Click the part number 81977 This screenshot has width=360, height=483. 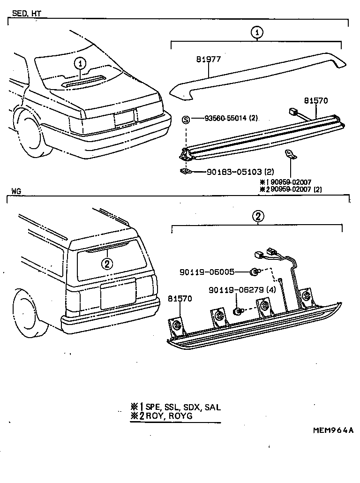(209, 60)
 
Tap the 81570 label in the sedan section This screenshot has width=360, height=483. (316, 100)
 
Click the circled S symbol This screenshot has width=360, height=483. (186, 120)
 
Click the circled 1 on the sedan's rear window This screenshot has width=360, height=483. (81, 63)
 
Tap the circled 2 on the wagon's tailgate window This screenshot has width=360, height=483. (107, 264)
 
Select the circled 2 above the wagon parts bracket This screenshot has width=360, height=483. (258, 216)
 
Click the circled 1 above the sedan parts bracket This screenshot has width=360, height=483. (257, 32)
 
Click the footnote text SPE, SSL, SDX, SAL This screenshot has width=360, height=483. (183, 407)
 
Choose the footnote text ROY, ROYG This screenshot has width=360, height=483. (169, 416)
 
